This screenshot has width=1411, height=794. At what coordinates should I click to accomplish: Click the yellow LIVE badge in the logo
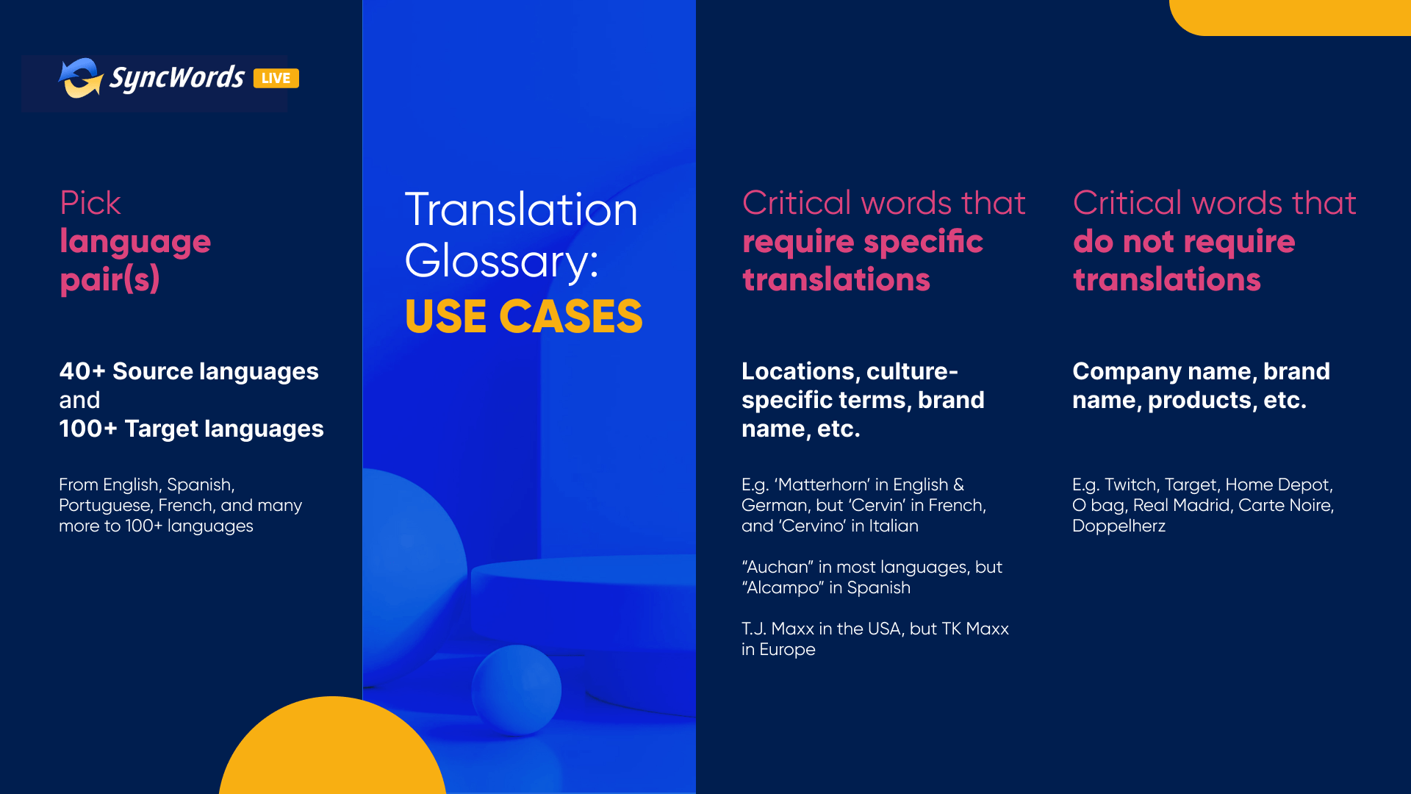(x=276, y=79)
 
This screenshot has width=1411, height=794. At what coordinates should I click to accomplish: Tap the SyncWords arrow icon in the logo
(x=80, y=78)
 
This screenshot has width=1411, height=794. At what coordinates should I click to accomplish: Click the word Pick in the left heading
(x=90, y=203)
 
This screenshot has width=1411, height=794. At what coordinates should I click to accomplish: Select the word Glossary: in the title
(x=502, y=262)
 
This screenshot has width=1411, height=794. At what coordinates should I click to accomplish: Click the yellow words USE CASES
(x=523, y=316)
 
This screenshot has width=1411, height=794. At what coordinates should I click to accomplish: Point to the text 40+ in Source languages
(x=82, y=371)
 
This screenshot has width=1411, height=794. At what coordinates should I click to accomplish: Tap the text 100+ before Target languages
(x=88, y=429)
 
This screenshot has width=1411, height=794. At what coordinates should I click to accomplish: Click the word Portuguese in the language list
(x=105, y=506)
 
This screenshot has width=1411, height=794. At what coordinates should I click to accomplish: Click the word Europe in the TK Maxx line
(x=787, y=650)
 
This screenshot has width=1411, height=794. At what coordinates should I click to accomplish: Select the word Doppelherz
(x=1119, y=526)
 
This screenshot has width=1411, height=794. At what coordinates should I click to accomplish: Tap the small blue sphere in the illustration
(x=517, y=690)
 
